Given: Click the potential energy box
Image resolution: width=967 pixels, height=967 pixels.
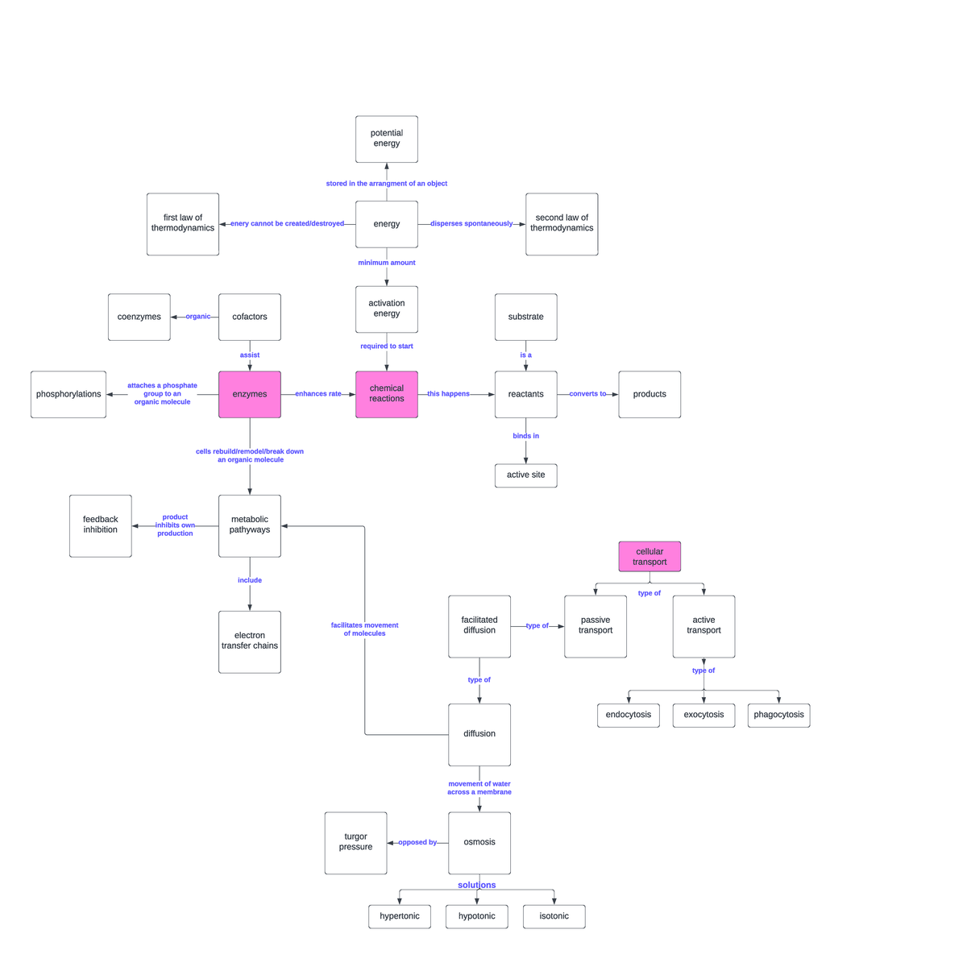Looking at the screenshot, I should tap(387, 139).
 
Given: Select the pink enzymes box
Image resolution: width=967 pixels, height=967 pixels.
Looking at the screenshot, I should tap(250, 394).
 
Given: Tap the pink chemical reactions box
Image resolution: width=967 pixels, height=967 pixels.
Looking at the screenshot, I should tap(387, 394).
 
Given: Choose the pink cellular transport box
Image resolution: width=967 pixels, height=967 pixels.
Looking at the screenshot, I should tap(650, 557).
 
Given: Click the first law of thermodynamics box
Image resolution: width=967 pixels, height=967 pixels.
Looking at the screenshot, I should tap(183, 224).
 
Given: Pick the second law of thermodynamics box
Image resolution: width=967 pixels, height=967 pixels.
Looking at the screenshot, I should tap(562, 224).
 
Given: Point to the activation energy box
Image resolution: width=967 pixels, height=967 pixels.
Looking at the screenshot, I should tap(387, 309).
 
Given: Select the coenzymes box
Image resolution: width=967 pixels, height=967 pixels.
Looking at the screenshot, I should tap(139, 317).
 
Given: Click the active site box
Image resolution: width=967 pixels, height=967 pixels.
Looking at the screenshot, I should tap(525, 475).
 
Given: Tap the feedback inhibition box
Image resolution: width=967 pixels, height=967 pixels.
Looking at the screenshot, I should tap(101, 525).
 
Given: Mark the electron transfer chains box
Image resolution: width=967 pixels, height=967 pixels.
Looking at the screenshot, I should tap(250, 641).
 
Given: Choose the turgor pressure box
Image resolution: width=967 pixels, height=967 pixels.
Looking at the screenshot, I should tap(355, 843).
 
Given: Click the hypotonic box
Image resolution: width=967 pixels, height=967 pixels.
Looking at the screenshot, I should tap(477, 916).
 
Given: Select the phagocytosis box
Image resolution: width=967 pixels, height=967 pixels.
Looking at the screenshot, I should tap(778, 715).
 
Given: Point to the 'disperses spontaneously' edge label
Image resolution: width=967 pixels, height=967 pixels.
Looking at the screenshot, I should tap(471, 224).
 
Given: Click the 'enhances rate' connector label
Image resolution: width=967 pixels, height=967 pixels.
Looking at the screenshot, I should tap(318, 394).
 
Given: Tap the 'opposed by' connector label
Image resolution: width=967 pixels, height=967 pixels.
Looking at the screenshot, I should tap(417, 843).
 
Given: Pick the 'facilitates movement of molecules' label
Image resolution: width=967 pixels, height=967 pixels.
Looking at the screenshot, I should tap(364, 629).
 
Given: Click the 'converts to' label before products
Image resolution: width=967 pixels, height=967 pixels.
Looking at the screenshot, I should tap(587, 394).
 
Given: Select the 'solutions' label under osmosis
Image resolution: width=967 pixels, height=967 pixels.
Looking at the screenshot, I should tap(477, 885).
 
